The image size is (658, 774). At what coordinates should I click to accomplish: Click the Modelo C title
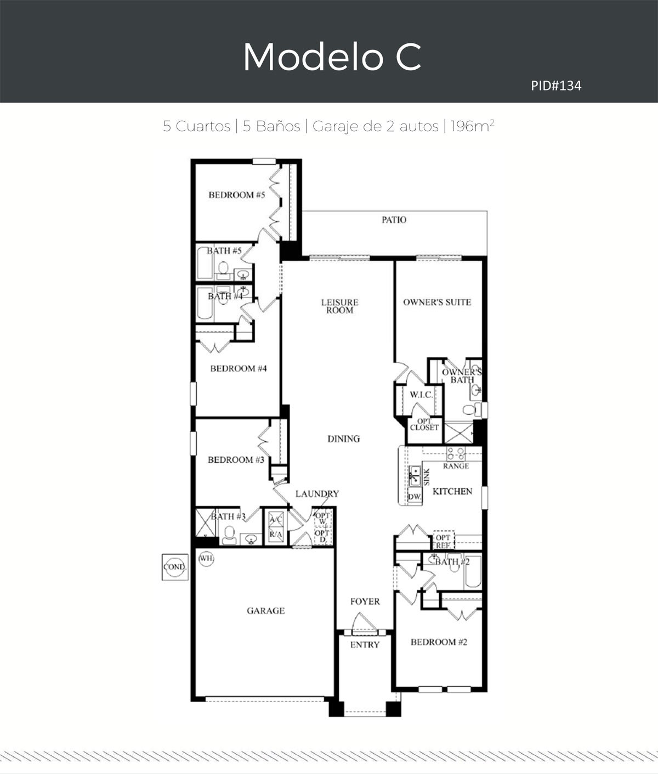(x=332, y=57)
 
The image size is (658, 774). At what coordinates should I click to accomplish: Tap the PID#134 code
(x=556, y=86)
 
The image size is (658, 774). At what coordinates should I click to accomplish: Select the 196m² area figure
(x=473, y=126)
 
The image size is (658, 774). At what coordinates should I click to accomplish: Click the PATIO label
(x=394, y=220)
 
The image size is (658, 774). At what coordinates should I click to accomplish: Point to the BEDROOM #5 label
(x=237, y=195)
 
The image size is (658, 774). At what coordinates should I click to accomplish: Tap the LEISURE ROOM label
(x=339, y=306)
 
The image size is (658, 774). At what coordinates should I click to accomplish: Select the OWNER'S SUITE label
(x=437, y=302)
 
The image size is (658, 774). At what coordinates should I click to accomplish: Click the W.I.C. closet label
(x=421, y=395)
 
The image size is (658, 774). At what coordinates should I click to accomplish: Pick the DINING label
(x=343, y=439)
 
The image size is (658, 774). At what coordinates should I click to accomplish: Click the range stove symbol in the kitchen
(x=456, y=453)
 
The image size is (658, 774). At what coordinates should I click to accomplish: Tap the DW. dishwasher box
(x=415, y=497)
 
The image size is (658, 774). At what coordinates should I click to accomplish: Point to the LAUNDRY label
(x=317, y=494)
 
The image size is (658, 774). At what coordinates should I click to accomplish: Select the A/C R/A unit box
(x=276, y=527)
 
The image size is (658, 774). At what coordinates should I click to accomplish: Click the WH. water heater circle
(x=206, y=558)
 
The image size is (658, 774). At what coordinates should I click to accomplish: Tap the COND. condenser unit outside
(x=175, y=567)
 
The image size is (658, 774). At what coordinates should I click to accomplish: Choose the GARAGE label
(x=265, y=611)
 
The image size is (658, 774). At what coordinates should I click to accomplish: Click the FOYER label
(x=365, y=602)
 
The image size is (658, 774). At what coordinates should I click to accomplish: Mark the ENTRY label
(x=365, y=644)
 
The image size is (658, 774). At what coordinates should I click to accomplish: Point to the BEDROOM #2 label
(x=439, y=642)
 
